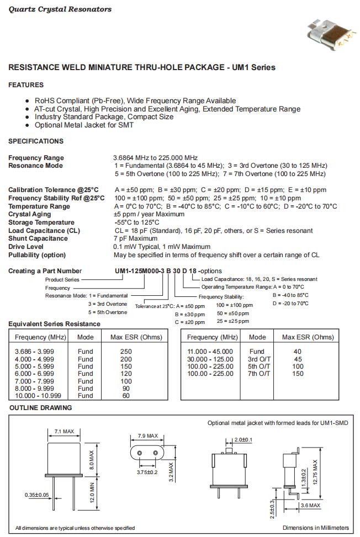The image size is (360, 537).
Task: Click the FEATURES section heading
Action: pyautogui.click(x=26, y=85)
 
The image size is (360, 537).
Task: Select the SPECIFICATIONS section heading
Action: pyautogui.click(x=36, y=141)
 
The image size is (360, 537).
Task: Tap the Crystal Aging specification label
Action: pyautogui.click(x=30, y=214)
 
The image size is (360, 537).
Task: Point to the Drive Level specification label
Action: pyautogui.click(x=27, y=247)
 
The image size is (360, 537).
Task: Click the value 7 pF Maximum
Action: pyautogui.click(x=135, y=238)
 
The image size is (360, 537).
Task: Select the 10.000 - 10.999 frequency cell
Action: pyautogui.click(x=38, y=396)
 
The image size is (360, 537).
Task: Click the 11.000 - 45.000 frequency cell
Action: pyautogui.click(x=210, y=351)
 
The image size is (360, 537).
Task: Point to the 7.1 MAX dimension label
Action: pyautogui.click(x=64, y=431)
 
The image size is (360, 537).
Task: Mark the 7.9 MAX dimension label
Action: pyautogui.click(x=147, y=435)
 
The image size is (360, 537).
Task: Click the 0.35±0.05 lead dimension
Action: pyautogui.click(x=37, y=495)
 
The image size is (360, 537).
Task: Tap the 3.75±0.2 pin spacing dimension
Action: pyautogui.click(x=147, y=472)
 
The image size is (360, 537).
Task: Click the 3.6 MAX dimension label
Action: pyautogui.click(x=310, y=505)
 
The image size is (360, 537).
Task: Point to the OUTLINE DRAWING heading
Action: pyautogui.click(x=41, y=408)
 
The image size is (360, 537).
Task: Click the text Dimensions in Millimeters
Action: pyautogui.click(x=316, y=528)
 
